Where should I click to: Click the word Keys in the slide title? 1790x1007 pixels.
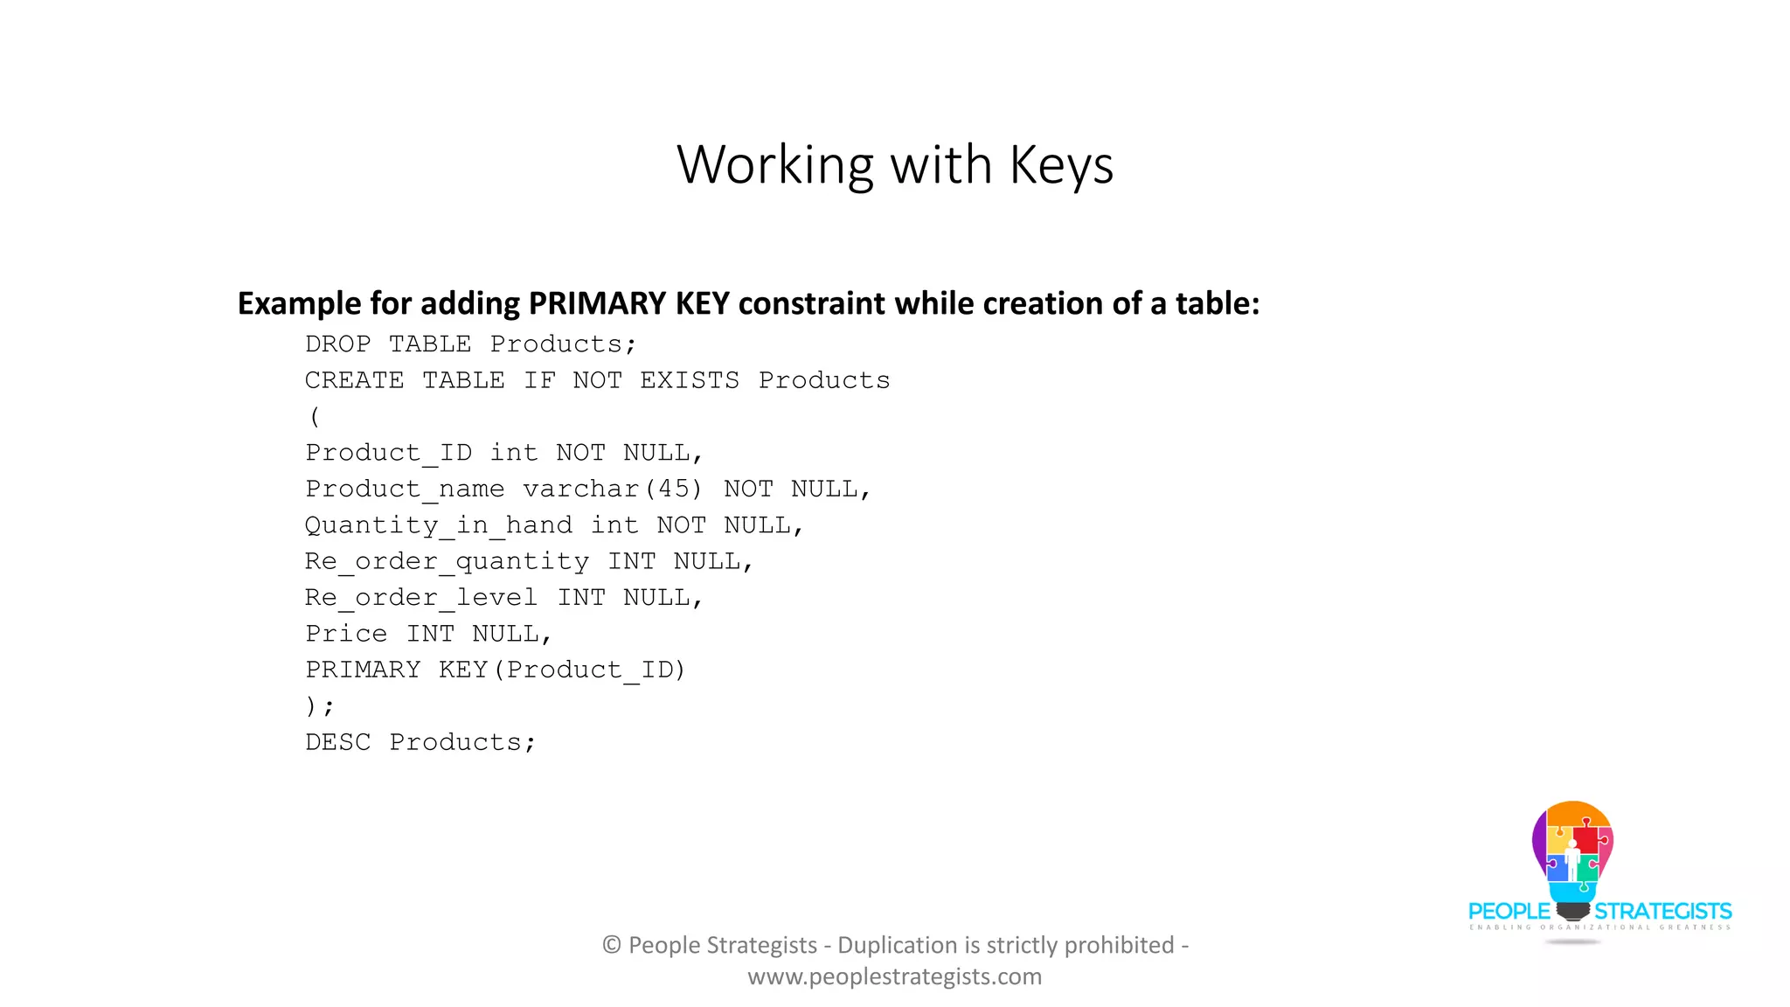1061,164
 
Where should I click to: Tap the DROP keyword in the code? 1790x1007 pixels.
337,344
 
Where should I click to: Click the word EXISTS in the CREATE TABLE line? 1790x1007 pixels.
689,380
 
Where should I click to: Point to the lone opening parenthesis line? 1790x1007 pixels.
315,417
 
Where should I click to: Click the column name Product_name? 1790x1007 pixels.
405,489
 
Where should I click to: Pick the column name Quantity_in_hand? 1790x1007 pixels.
438,525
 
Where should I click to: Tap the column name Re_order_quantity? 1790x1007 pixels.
447,561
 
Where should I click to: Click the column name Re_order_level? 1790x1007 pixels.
420,598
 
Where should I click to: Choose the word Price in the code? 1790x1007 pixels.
346,634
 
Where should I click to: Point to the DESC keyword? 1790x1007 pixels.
337,742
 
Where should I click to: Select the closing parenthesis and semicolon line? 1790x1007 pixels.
319,706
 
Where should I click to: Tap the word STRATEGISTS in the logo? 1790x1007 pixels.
1662,912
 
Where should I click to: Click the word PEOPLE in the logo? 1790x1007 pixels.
1509,912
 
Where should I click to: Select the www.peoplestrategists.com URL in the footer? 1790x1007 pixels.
894,976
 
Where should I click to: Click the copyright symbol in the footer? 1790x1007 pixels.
612,945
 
